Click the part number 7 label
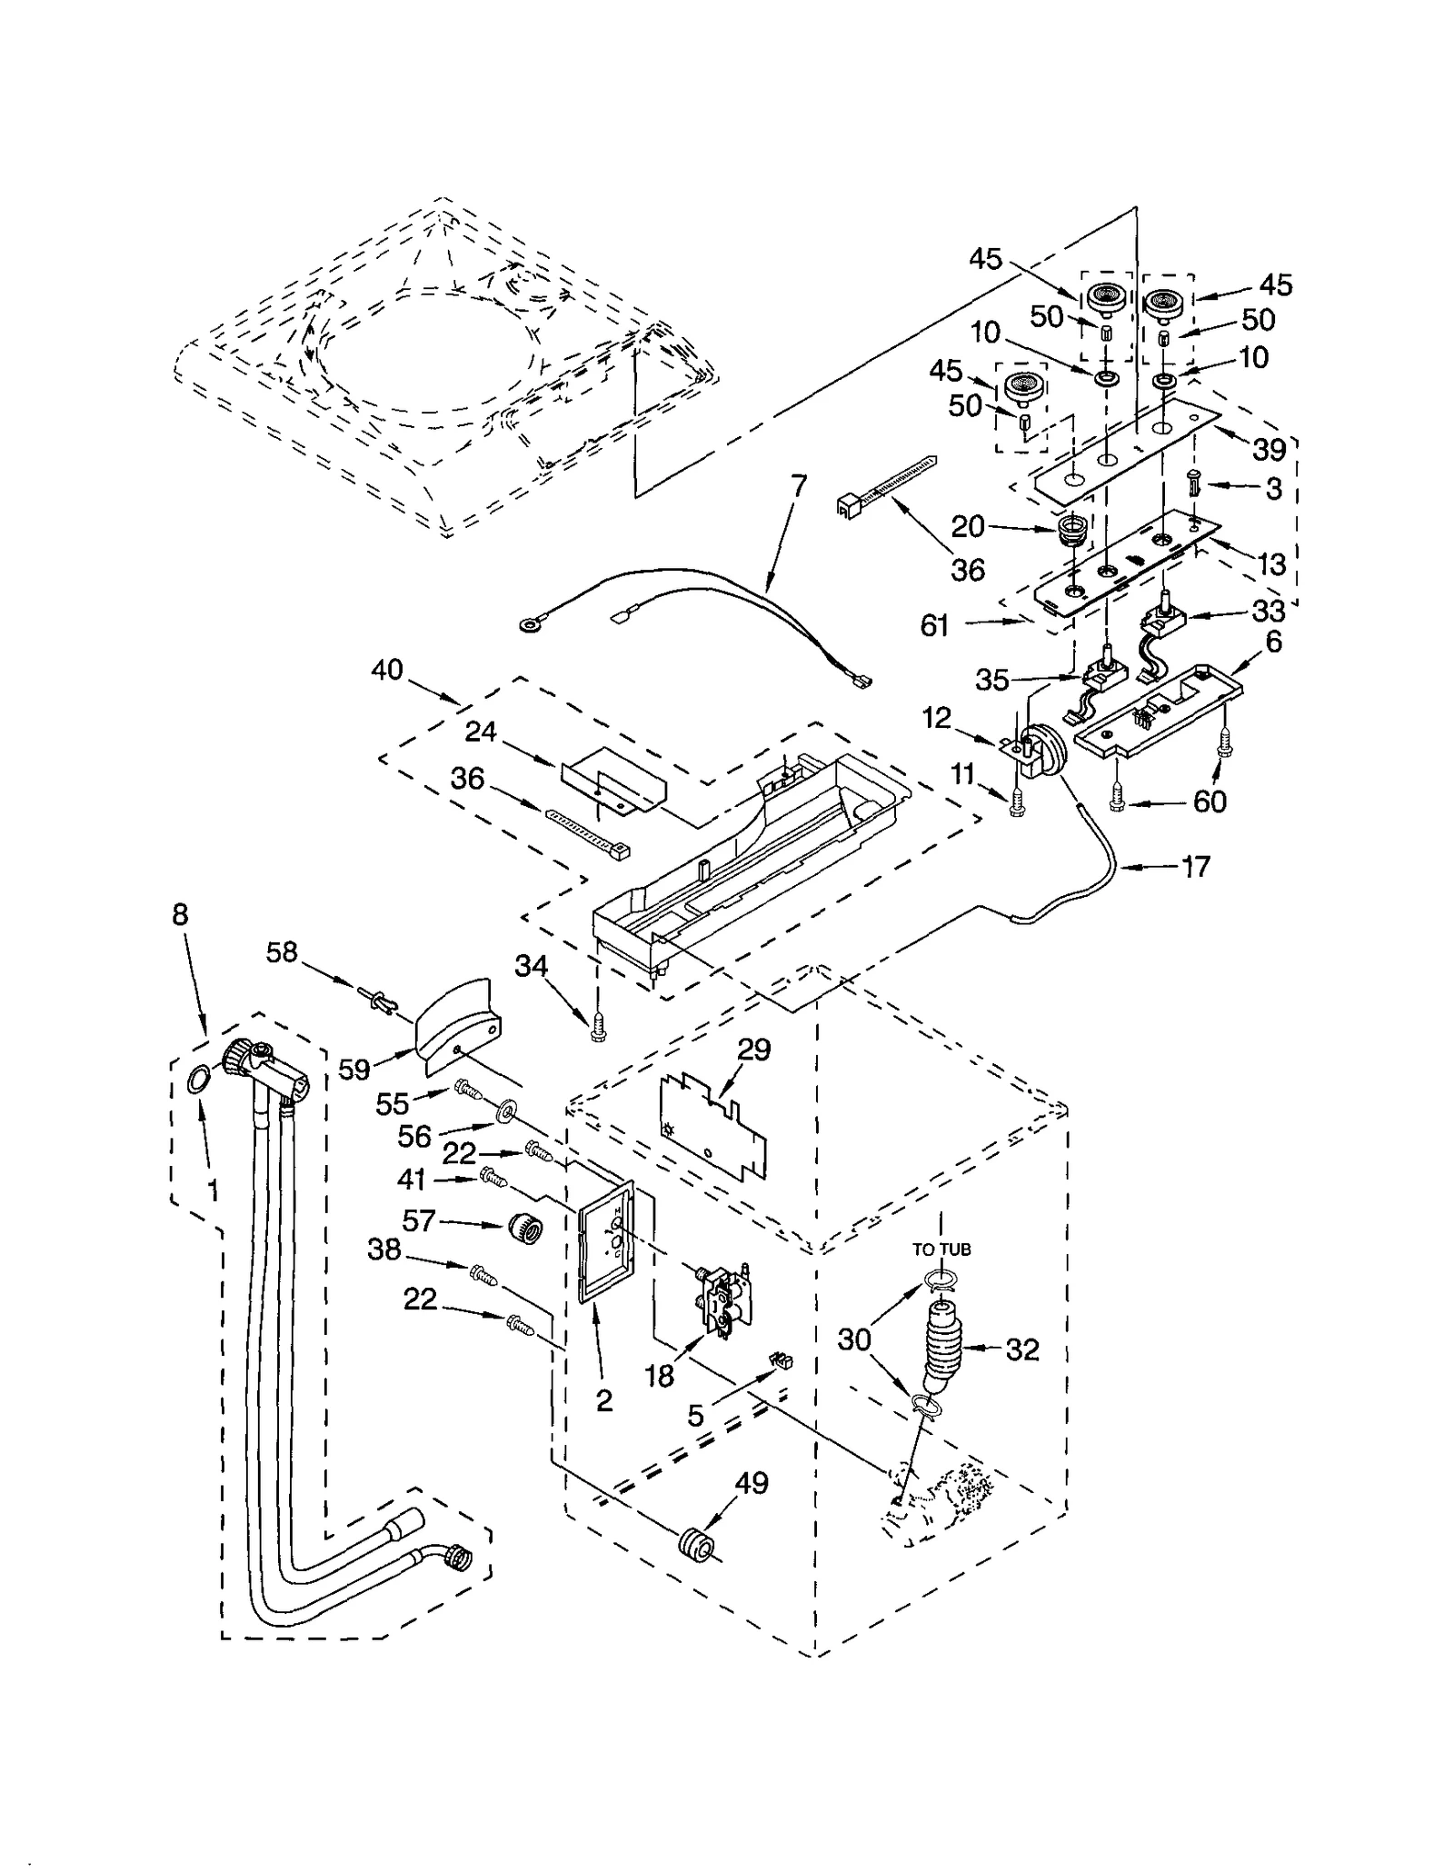pos(798,487)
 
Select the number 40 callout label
pos(387,670)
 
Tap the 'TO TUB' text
pos(941,1250)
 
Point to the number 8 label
pos(180,914)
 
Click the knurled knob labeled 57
pos(525,1229)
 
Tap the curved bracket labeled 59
pos(457,1023)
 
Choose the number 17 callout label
pos(1196,867)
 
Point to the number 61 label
pos(934,625)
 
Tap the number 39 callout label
pos(1269,449)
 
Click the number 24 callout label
pos(481,732)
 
